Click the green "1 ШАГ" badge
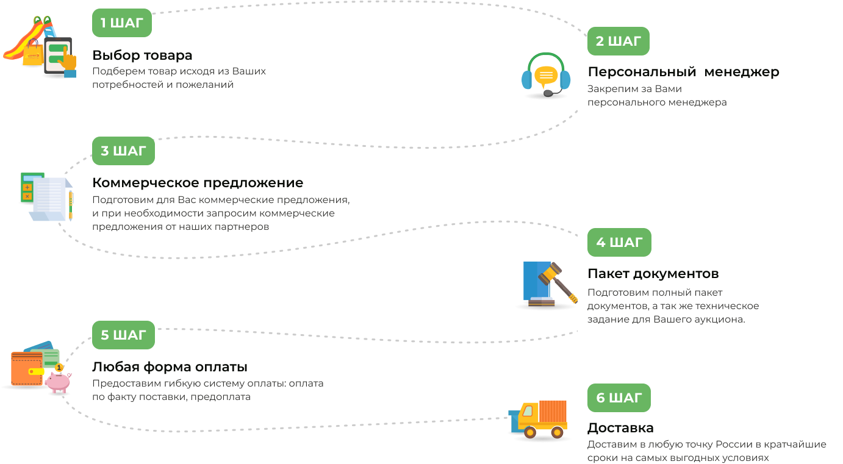coord(122,23)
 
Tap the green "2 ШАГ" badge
coord(619,41)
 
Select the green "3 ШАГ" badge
coord(123,151)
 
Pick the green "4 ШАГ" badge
coord(619,243)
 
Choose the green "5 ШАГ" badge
coord(123,335)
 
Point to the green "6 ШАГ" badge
coord(619,398)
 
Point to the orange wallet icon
coord(27,368)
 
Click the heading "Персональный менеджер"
coord(683,72)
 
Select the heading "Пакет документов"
coord(653,274)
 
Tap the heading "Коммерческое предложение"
coord(198,183)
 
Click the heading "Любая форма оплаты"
coord(170,367)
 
